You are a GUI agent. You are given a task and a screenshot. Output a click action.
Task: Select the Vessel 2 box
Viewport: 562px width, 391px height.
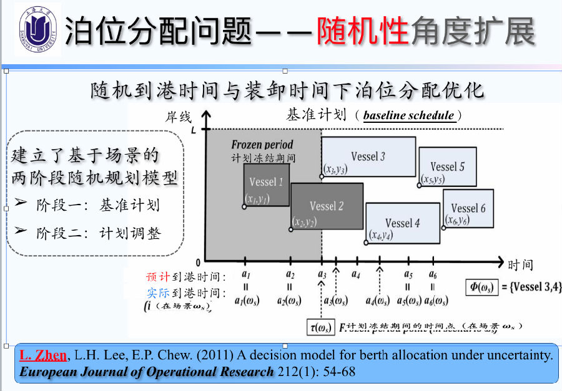coord(327,206)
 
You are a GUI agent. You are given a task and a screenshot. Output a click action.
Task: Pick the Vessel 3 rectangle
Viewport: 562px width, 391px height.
coord(368,157)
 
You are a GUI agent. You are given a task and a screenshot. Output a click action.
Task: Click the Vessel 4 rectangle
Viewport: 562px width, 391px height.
coord(403,223)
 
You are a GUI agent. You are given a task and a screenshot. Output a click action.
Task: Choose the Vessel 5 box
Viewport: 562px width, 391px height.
coord(447,167)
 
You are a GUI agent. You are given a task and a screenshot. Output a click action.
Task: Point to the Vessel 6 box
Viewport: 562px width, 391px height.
coord(468,208)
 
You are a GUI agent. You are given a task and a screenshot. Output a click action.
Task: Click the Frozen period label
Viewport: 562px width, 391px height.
coord(262,145)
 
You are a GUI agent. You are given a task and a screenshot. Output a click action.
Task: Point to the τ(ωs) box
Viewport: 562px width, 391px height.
coord(320,327)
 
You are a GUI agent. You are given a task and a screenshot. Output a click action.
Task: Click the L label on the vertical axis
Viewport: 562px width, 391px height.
coord(194,130)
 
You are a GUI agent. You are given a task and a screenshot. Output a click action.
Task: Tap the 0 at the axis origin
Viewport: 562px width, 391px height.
coord(198,262)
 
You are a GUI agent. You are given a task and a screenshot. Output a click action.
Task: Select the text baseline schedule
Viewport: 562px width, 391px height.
coord(408,115)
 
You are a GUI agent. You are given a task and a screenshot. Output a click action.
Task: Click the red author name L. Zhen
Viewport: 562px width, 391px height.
coord(43,356)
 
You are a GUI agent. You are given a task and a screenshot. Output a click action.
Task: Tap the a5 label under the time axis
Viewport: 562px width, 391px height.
coord(408,275)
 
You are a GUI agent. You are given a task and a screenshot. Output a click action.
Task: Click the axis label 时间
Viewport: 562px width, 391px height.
coord(520,266)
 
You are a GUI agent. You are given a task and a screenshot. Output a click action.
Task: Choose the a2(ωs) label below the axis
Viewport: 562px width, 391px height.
coord(290,301)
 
